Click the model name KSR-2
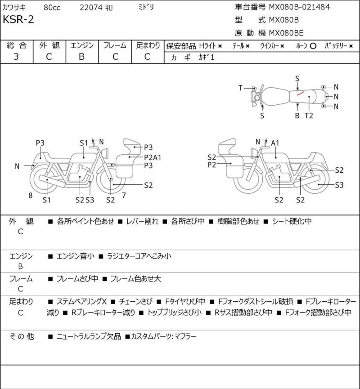18,19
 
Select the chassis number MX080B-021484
299,7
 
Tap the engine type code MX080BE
286,33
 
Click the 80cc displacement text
52,8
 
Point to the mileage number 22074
91,8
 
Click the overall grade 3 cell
16,57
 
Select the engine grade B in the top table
82,57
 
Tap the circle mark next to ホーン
313,46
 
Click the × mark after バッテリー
351,46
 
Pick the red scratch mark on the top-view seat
301,93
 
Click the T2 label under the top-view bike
309,116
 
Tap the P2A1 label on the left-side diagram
153,157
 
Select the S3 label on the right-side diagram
339,185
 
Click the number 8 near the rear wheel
31,196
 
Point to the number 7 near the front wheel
124,196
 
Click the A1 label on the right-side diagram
275,143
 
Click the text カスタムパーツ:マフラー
164,336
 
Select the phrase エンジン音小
76,256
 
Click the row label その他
22,336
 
